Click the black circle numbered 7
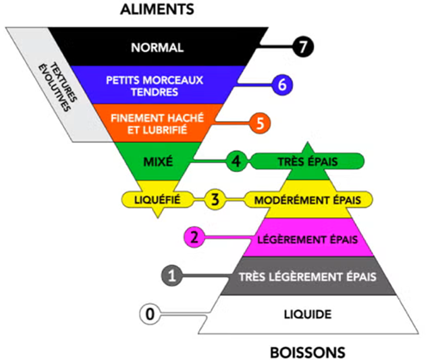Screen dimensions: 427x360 (x=303, y=46)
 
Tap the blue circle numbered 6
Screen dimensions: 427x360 (x=282, y=85)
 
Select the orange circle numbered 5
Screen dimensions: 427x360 (x=260, y=123)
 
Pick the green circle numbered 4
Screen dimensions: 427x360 (x=237, y=161)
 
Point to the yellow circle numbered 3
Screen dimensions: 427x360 (x=215, y=199)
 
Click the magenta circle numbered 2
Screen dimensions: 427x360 (x=194, y=237)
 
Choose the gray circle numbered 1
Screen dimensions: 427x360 (x=172, y=276)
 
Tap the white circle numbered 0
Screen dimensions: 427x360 (x=150, y=314)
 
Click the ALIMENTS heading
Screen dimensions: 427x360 (x=157, y=9)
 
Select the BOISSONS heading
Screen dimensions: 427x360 (x=308, y=352)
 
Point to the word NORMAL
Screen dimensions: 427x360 (x=158, y=47)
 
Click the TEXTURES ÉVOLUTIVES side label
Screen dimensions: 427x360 (x=58, y=87)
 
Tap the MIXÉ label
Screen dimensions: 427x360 (x=158, y=162)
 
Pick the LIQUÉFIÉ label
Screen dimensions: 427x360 (x=157, y=200)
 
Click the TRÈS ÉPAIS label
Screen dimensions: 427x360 (x=308, y=162)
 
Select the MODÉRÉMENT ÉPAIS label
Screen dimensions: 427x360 (x=308, y=201)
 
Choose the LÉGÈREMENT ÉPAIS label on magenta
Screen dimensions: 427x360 (x=308, y=240)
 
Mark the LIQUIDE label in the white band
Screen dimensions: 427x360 (x=308, y=314)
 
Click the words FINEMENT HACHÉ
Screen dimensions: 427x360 (x=157, y=118)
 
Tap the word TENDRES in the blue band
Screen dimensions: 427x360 (x=155, y=92)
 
